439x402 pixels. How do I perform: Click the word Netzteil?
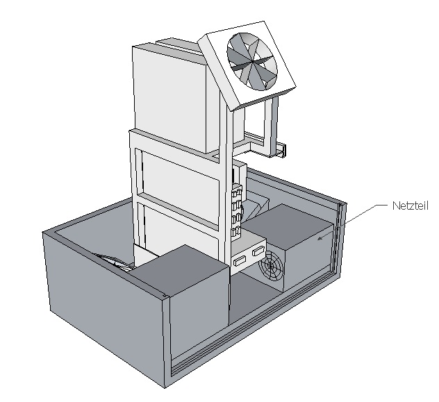tap(411, 206)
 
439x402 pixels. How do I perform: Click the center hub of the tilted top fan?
tap(252, 64)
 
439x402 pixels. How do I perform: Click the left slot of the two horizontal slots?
tap(241, 262)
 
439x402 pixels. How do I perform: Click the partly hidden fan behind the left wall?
tap(118, 260)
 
